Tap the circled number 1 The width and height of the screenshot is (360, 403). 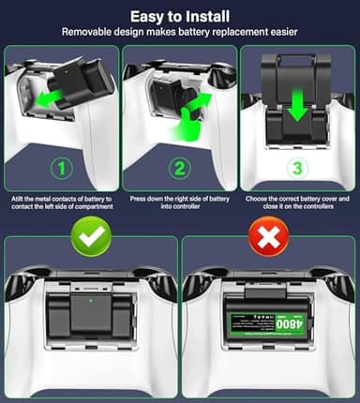[x=60, y=170]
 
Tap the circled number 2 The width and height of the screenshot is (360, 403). [x=179, y=170]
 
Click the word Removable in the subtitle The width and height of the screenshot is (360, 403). [x=91, y=31]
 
